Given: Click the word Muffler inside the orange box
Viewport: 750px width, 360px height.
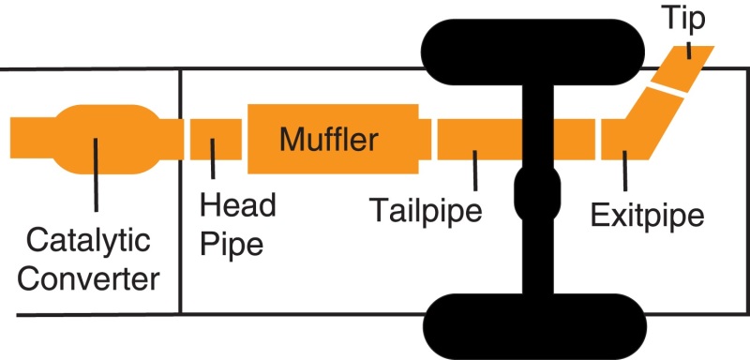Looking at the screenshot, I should click(328, 141).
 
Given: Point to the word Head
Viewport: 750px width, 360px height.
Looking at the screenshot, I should click(238, 206).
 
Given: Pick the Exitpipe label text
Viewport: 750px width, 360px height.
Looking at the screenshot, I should click(647, 217).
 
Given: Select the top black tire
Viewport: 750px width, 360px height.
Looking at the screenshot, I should click(531, 42).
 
